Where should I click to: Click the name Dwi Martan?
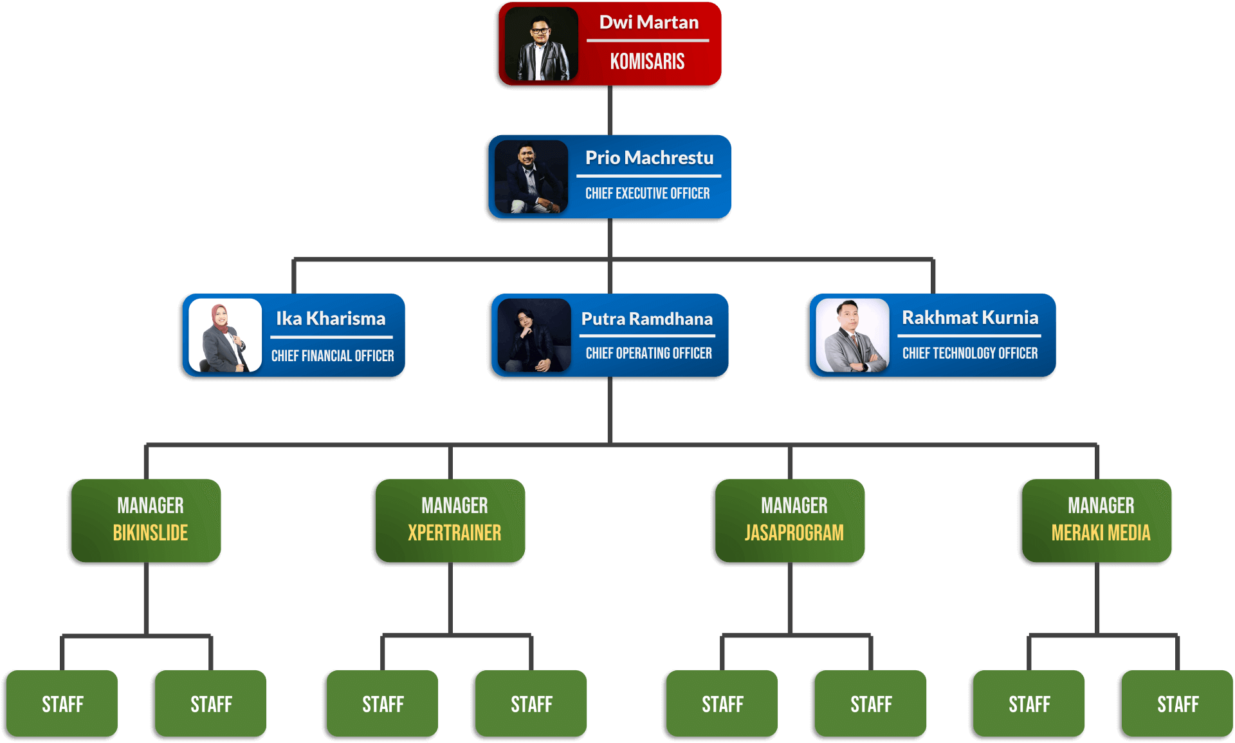[x=648, y=23]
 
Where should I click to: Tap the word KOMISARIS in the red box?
[x=647, y=62]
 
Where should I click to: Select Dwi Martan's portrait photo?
[x=541, y=44]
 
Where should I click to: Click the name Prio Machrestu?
[x=649, y=158]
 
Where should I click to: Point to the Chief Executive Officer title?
[x=647, y=194]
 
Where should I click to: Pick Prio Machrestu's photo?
[x=531, y=176]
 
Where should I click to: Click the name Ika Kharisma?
[x=331, y=319]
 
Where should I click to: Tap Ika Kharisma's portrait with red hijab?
[x=225, y=335]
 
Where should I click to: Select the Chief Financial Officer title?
[x=332, y=356]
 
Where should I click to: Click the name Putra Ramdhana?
[x=646, y=319]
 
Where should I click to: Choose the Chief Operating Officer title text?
[x=648, y=353]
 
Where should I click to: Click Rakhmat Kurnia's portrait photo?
[x=852, y=335]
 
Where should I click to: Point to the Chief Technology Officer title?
[x=969, y=353]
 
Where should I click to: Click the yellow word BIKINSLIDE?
[x=151, y=533]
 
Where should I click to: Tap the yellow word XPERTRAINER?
[x=454, y=533]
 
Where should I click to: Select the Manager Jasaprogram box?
[x=790, y=520]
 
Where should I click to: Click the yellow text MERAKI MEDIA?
[x=1101, y=533]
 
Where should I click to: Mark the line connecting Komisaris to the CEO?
[x=610, y=110]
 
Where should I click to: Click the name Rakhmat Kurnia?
[x=969, y=317]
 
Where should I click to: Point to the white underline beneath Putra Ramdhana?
[x=647, y=335]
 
